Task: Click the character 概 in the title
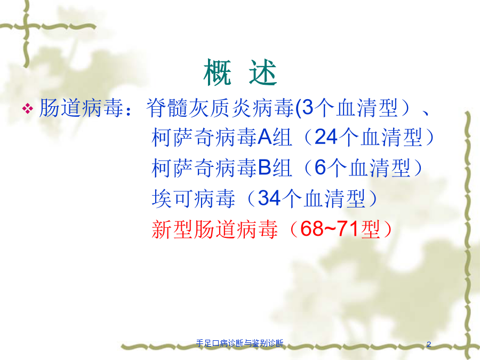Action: coord(217,73)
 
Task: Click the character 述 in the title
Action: coord(263,73)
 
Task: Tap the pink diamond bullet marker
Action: coord(28,109)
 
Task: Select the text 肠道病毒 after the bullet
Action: coord(81,108)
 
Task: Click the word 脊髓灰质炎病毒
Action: coord(220,108)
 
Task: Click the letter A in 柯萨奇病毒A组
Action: coord(265,137)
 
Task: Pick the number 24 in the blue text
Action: coord(326,137)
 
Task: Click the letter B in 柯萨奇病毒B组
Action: coord(265,167)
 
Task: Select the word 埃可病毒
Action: coord(194,198)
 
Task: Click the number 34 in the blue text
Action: coord(269,198)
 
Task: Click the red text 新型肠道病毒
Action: coord(214,229)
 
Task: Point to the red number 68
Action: coord(311,229)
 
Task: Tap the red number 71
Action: coord(348,229)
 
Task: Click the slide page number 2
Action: coord(429,344)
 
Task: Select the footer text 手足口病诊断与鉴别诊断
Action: coord(239,343)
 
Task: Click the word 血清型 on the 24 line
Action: coord(391,137)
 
